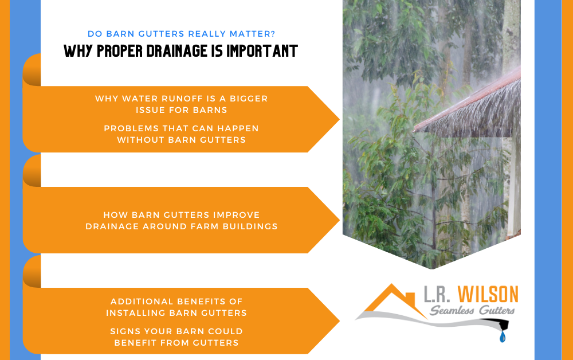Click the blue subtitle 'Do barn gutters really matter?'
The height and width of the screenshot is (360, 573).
click(x=181, y=34)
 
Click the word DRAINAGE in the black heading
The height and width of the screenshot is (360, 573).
click(x=177, y=51)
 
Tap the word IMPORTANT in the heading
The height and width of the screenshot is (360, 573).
click(x=262, y=51)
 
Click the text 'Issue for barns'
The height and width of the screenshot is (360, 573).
click(x=182, y=110)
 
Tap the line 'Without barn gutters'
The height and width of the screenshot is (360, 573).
click(x=181, y=140)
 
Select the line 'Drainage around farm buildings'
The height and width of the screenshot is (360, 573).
click(x=182, y=226)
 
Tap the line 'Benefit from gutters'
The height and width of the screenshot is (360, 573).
click(x=176, y=343)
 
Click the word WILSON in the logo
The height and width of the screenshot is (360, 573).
click(x=488, y=294)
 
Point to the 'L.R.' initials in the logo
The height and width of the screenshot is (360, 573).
click(x=437, y=294)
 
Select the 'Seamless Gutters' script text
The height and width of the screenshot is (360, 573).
click(x=472, y=311)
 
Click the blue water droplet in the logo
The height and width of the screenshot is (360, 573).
click(x=503, y=336)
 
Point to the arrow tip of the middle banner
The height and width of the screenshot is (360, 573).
click(x=339, y=220)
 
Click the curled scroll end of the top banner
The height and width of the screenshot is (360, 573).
click(x=32, y=70)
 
